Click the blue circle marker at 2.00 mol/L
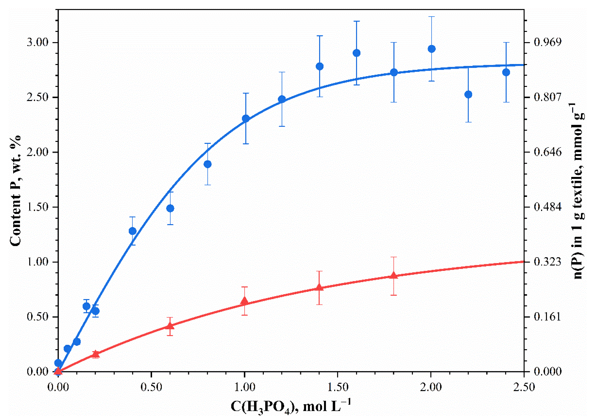(431, 49)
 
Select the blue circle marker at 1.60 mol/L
(357, 53)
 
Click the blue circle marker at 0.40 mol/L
(132, 231)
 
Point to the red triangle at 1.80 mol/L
(394, 275)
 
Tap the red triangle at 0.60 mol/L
(170, 326)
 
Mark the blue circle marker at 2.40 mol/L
(506, 72)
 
